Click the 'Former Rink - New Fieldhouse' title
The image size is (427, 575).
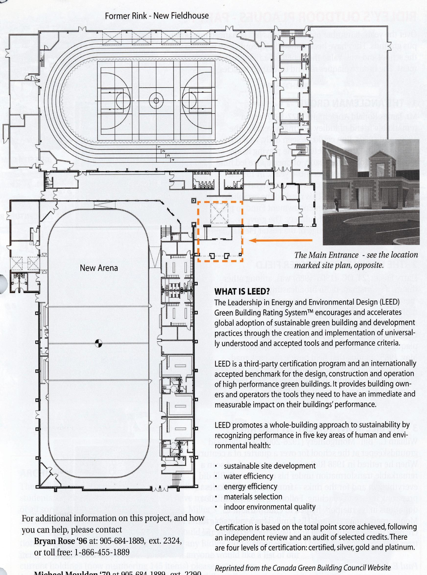(x=157, y=16)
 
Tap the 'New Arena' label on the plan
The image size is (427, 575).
(x=99, y=268)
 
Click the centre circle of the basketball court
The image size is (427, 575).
(x=156, y=100)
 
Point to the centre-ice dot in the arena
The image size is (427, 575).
(x=98, y=343)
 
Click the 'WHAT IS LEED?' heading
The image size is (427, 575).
(x=242, y=291)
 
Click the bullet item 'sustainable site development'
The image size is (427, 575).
(x=270, y=466)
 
